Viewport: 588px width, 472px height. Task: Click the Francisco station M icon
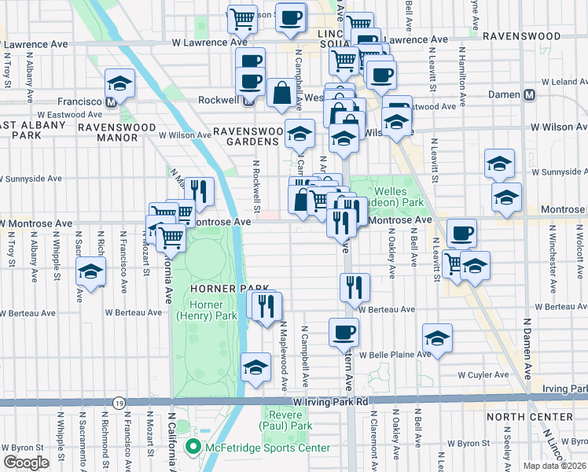(112, 101)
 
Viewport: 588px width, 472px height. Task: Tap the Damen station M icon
(529, 94)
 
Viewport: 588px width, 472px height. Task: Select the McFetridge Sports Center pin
(191, 448)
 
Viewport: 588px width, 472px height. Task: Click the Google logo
(25, 463)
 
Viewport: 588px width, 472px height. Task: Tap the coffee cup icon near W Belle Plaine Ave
(343, 331)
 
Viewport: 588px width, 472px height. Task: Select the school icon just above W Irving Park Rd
(255, 367)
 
